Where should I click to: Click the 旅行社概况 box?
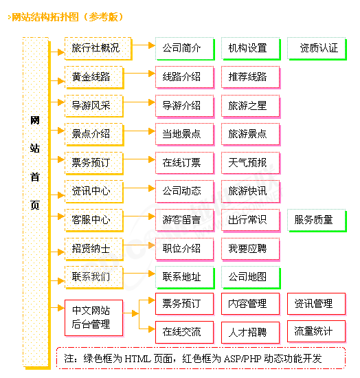98,49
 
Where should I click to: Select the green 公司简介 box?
185,49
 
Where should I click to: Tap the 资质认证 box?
317,49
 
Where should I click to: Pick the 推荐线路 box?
251,78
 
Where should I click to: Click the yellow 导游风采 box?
94,106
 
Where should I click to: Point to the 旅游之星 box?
251,106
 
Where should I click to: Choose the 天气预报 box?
251,163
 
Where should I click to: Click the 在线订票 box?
185,163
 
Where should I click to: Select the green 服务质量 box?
317,221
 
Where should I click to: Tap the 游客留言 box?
185,221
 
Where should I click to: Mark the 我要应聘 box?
251,249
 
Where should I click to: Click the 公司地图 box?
251,277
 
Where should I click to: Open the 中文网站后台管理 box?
94,318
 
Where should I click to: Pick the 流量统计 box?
317,331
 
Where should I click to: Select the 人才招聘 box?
251,333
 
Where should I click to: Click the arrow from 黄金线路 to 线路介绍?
139,74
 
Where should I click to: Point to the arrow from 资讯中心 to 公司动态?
139,188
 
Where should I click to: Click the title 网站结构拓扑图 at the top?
45,17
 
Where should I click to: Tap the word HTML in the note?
138,359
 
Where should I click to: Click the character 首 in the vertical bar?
35,177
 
